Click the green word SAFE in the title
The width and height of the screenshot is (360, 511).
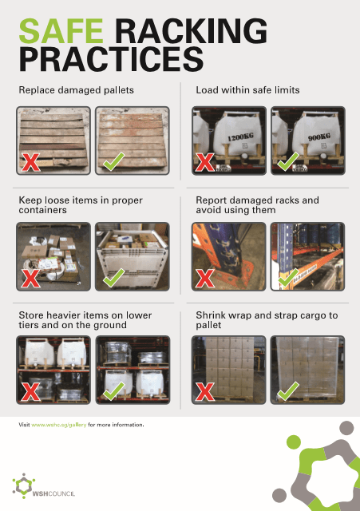[x=61, y=31]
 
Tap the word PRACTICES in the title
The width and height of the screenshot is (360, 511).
[x=112, y=59]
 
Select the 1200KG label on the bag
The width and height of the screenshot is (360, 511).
[x=240, y=137]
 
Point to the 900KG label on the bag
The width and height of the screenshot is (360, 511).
[x=319, y=137]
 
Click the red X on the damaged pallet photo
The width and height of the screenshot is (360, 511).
[x=30, y=162]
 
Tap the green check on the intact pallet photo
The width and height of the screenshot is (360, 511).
[x=113, y=161]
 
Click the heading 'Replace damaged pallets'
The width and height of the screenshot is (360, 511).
[x=77, y=90]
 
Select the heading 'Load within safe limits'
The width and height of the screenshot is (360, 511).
[x=247, y=90]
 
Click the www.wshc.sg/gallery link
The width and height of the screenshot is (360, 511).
[x=59, y=425]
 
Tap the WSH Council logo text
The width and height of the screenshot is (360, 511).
[x=53, y=493]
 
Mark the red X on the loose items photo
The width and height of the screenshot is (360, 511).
[x=30, y=279]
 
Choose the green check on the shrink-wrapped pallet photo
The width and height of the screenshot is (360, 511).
[x=288, y=391]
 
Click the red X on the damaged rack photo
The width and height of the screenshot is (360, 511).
[x=204, y=279]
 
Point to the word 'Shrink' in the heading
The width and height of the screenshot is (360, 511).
[x=211, y=315]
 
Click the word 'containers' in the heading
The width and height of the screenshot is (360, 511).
[x=42, y=210]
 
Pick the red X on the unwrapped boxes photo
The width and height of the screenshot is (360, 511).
[x=204, y=391]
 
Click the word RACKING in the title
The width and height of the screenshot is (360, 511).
[x=192, y=31]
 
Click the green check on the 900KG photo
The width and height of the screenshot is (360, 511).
[x=288, y=161]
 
